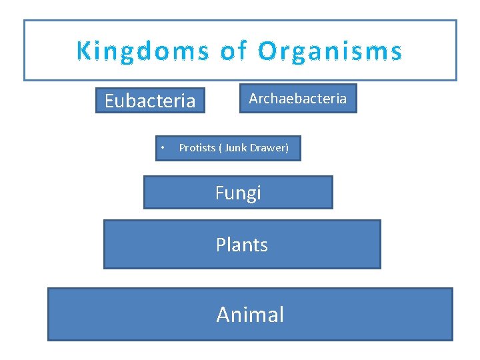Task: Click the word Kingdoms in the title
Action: click(142, 51)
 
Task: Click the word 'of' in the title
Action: click(233, 51)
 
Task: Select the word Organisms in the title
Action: click(330, 51)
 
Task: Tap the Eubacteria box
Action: click(150, 101)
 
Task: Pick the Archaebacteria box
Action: click(298, 99)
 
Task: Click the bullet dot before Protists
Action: click(162, 148)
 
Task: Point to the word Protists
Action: click(197, 148)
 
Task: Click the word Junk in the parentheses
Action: click(236, 148)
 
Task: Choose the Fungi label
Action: click(238, 193)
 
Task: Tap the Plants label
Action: click(242, 245)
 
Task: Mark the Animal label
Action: click(250, 315)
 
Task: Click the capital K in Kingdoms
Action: click(84, 51)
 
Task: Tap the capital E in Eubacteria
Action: click(110, 101)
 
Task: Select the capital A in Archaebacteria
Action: click(254, 99)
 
